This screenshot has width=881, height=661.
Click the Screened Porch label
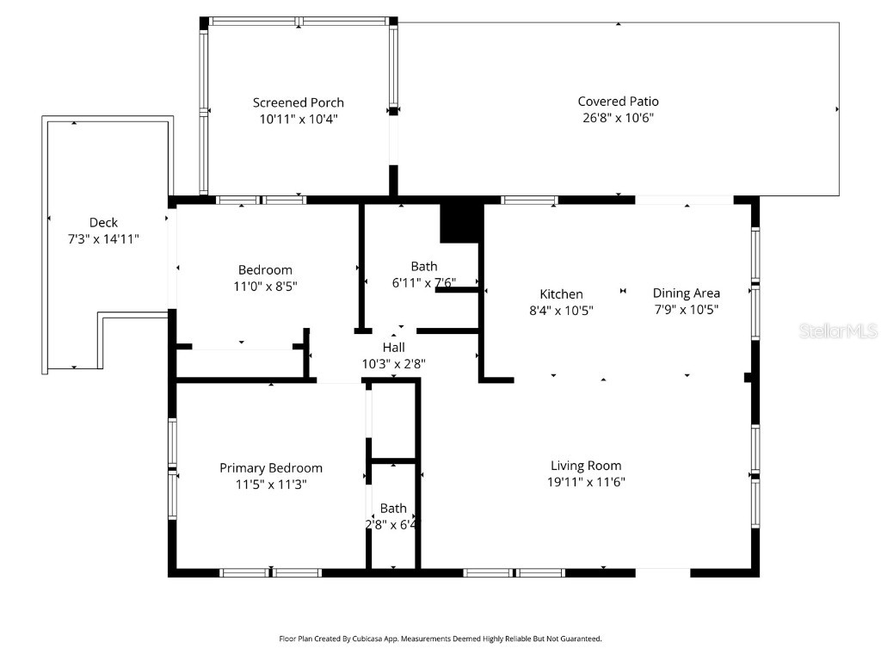coord(298,102)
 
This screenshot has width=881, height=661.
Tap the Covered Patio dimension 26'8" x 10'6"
coord(618,118)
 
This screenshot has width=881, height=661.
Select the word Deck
coord(103,222)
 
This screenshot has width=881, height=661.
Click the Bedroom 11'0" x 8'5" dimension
coord(265,286)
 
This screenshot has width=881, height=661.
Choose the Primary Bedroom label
coord(271,468)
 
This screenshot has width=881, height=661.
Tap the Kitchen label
coord(561,294)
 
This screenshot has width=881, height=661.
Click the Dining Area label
coord(686,293)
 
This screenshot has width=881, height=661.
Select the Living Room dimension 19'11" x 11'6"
coord(586,482)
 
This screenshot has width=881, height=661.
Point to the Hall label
coord(393,347)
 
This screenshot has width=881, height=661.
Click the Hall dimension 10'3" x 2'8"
coord(393,363)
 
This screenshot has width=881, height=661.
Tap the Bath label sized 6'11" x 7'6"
coord(423,266)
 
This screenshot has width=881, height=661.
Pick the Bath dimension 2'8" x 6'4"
coord(392,523)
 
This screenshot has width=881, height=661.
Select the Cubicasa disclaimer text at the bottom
coord(440,639)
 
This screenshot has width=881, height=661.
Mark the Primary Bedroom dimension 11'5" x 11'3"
coord(271,485)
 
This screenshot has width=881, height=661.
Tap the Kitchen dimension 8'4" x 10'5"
coord(561,311)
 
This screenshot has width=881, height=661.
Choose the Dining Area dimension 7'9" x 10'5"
coord(686,310)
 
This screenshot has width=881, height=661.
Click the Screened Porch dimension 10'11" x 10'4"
coord(298,119)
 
